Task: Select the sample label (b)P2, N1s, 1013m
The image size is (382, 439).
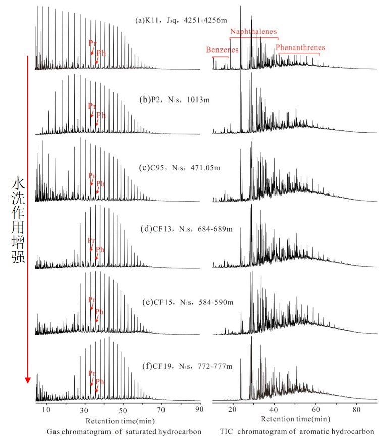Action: click(x=174, y=99)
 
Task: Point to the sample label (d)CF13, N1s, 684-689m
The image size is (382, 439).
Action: click(x=186, y=229)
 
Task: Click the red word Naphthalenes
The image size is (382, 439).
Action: click(x=253, y=32)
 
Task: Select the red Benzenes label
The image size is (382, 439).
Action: click(x=222, y=50)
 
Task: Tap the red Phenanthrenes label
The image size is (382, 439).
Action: click(x=300, y=47)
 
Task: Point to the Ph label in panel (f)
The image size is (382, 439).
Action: click(x=100, y=381)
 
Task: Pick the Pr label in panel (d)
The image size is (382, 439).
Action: click(x=91, y=240)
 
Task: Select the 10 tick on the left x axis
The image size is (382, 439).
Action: click(x=47, y=409)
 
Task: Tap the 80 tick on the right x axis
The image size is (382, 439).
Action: click(x=356, y=409)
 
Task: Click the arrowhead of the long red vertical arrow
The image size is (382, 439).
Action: click(x=28, y=379)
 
